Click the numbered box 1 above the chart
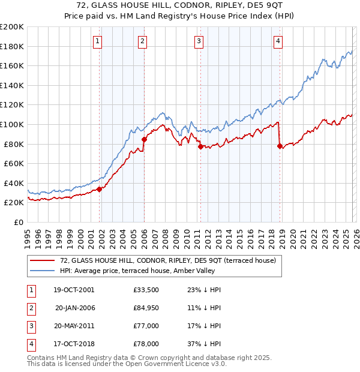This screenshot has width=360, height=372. tap(97, 41)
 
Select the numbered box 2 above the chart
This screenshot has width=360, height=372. tap(142, 41)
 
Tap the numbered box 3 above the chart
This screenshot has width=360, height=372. tap(199, 41)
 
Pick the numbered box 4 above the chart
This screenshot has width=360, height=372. tap(278, 41)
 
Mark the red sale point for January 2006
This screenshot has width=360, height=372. tap(144, 139)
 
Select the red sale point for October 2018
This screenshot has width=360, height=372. tap(280, 146)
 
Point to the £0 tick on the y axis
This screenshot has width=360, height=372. tap(18, 222)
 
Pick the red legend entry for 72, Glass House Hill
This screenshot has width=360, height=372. tap(168, 260)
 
